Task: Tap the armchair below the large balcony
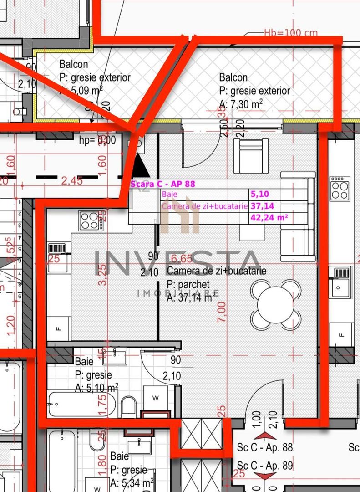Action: point(251,156)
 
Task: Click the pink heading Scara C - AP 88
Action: point(162,184)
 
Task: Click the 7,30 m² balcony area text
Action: point(241,105)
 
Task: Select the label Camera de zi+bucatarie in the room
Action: point(216,271)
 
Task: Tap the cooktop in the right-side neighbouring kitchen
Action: point(340,189)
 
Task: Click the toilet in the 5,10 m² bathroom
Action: point(129,405)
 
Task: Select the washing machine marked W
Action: point(155,398)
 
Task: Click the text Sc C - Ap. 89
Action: point(265,466)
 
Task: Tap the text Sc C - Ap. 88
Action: point(265,447)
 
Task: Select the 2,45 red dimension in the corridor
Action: point(72,180)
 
